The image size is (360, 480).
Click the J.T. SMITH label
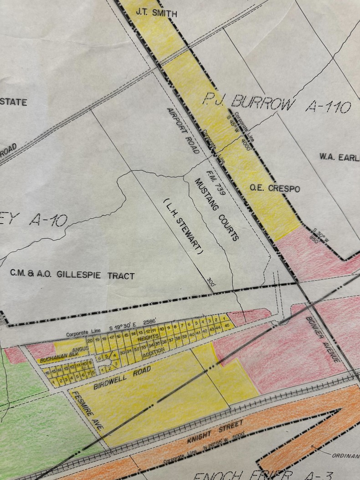point(156,14)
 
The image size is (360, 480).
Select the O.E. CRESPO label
point(275,188)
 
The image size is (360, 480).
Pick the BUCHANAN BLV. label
point(57,358)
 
